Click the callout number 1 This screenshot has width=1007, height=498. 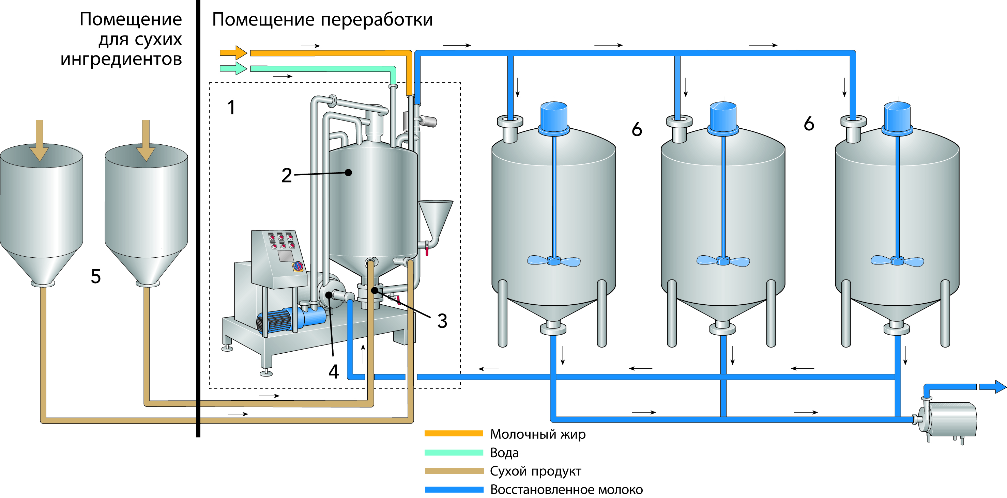[x=231, y=108]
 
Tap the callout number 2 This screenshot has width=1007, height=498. [x=287, y=175]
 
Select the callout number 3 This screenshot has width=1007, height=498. [x=442, y=321]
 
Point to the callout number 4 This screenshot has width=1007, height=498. [x=333, y=371]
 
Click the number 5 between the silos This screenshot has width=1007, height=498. [x=96, y=276]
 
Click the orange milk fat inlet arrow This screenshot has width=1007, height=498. [x=233, y=53]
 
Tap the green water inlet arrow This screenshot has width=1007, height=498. [x=233, y=69]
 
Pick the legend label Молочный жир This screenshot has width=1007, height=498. [x=537, y=434]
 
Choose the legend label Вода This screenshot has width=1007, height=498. [x=504, y=453]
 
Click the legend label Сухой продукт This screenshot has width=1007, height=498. [x=536, y=471]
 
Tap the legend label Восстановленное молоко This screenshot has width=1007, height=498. [x=566, y=489]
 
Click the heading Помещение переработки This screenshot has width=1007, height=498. [x=322, y=19]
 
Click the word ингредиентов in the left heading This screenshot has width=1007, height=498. [x=121, y=59]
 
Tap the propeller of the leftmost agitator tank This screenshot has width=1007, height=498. [x=554, y=260]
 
